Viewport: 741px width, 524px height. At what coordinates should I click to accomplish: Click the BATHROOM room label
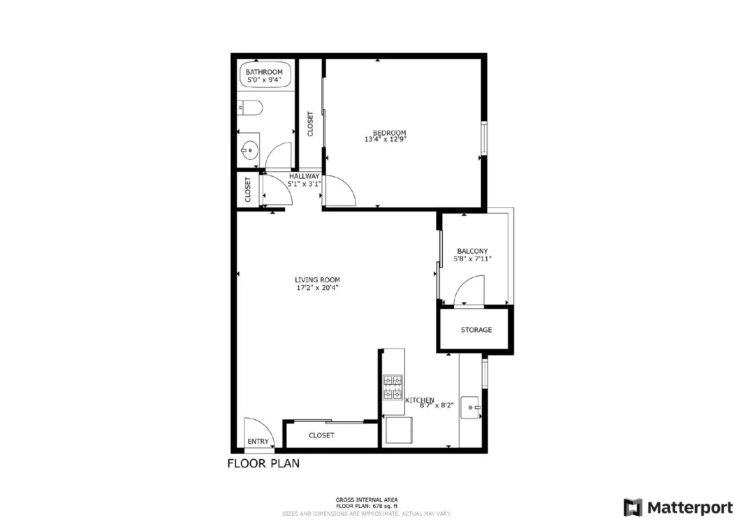tap(264, 72)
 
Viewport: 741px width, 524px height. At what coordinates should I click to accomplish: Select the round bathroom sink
tap(249, 150)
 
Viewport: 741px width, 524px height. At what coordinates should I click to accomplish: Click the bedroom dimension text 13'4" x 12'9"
tap(385, 139)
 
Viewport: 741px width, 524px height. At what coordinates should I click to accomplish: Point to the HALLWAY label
tap(304, 176)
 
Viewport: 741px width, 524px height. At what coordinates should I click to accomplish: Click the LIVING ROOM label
tap(317, 280)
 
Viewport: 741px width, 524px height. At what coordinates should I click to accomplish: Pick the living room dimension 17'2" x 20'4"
tap(317, 288)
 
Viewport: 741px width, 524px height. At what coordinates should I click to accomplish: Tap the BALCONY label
tap(472, 251)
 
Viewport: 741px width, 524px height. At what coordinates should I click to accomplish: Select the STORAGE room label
tap(476, 330)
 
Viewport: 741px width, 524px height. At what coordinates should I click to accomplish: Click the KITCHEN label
tap(420, 400)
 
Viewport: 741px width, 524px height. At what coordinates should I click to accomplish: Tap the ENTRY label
tap(258, 442)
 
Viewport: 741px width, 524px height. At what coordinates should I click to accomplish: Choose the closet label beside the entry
tap(321, 436)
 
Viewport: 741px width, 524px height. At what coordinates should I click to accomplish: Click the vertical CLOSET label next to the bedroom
tap(310, 124)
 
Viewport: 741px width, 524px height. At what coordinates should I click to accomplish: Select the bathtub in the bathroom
tap(265, 75)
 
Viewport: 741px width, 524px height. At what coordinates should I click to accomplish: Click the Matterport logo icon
tap(633, 507)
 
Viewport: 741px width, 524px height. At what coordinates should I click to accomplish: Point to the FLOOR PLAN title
tap(263, 463)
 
